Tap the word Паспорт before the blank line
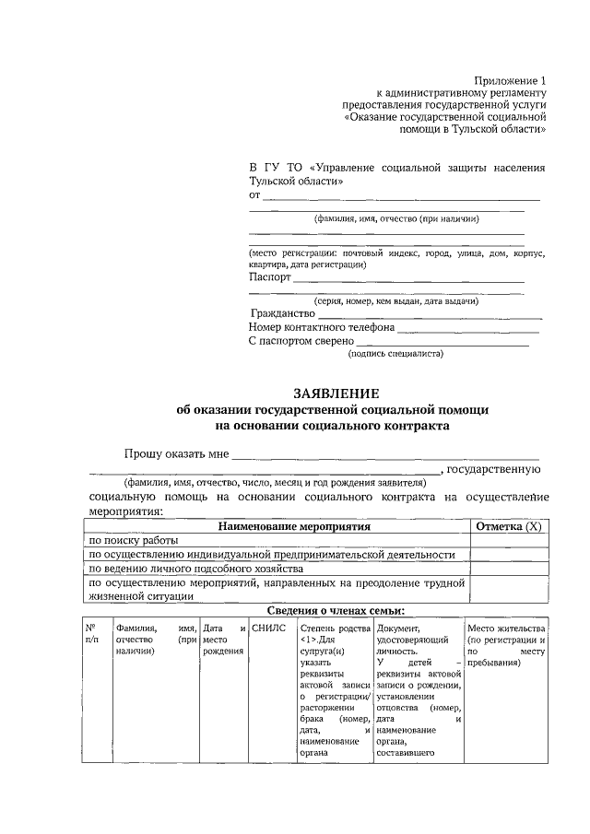tap(270, 276)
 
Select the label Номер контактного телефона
tap(322, 327)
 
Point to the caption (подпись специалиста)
tap(395, 354)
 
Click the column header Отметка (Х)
tap(507, 526)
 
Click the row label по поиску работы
tap(134, 540)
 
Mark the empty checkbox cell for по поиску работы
tap(507, 540)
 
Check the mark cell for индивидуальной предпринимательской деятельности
tap(507, 554)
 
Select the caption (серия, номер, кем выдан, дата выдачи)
tap(395, 301)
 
